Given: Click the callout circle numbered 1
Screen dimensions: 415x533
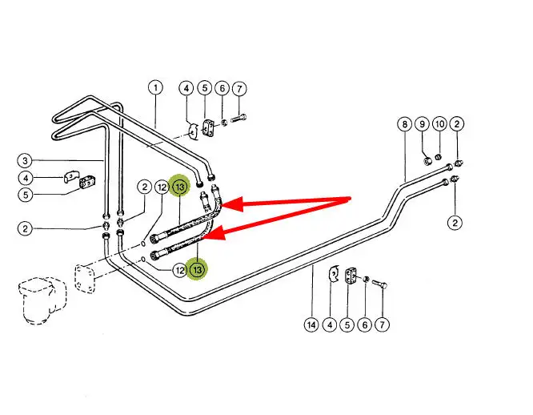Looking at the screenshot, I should point(154,87).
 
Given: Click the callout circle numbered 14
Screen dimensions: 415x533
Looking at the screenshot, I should point(311,325).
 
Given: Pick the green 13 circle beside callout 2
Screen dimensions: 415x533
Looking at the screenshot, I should point(179,187).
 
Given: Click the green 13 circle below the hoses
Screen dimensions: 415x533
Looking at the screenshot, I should point(198,269).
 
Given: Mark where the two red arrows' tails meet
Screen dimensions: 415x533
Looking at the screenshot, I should point(351,198).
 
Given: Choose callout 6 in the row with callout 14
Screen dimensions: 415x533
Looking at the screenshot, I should point(366,325).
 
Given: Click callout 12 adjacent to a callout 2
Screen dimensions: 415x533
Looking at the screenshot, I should point(162,187).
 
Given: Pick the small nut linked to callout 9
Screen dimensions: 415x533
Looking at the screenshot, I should point(429,159).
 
